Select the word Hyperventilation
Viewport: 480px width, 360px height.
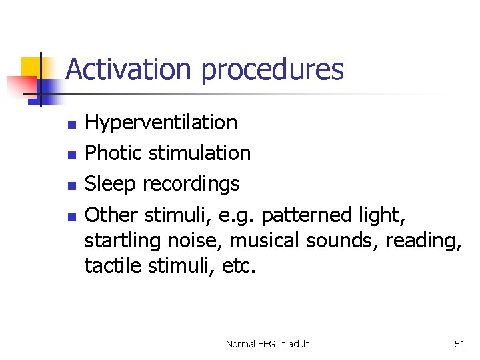(161, 123)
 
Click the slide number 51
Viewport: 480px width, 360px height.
(459, 344)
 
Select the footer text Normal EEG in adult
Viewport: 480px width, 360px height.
(267, 344)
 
